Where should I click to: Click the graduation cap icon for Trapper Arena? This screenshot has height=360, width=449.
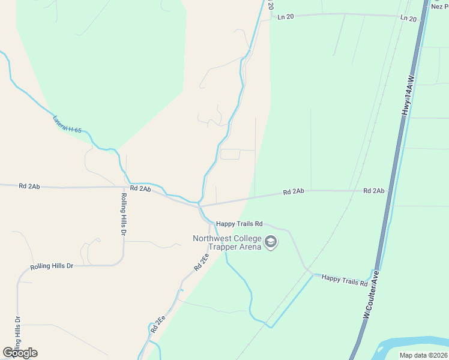(271, 242)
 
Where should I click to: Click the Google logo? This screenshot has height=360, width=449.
(20, 352)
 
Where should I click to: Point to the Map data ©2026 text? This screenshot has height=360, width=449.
(422, 355)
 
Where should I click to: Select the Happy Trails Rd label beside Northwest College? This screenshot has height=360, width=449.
(240, 224)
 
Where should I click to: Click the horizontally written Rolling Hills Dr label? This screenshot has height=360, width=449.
(52, 266)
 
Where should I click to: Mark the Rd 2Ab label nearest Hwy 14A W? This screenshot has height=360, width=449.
(373, 191)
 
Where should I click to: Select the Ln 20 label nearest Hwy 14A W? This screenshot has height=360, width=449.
(408, 19)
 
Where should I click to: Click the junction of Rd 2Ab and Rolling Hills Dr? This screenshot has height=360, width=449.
(131, 187)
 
